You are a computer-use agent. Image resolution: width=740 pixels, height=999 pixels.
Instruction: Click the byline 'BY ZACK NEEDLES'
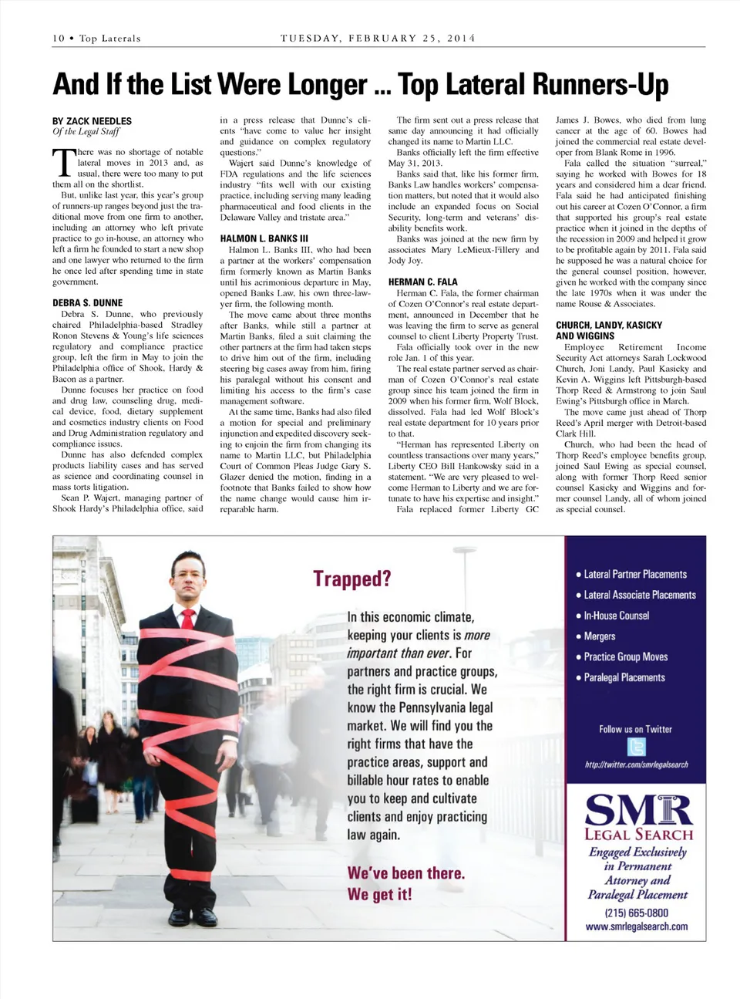[92, 121]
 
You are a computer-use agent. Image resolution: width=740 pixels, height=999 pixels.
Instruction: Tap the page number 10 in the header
[59, 39]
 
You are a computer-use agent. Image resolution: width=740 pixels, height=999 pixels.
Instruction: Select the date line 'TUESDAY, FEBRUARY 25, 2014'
[378, 38]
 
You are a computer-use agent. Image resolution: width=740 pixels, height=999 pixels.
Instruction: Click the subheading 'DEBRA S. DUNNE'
[87, 303]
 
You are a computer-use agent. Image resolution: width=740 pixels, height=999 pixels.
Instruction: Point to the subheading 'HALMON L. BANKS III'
[264, 238]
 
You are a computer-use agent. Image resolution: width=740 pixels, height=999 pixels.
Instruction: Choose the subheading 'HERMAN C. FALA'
[422, 282]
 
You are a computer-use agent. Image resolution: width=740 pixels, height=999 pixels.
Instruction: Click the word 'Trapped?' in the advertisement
[351, 579]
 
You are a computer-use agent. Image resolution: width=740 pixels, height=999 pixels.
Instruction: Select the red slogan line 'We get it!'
[379, 894]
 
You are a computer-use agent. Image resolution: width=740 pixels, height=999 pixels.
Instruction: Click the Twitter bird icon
[636, 747]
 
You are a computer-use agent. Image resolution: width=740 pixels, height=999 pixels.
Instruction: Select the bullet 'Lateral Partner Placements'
[634, 575]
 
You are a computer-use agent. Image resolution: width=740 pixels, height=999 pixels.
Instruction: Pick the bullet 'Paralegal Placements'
[624, 677]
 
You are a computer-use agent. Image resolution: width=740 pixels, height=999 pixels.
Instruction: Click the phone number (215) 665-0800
[636, 913]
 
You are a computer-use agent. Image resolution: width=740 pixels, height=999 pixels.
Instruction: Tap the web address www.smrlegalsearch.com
[636, 926]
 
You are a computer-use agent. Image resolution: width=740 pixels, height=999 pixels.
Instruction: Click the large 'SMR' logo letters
[638, 810]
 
